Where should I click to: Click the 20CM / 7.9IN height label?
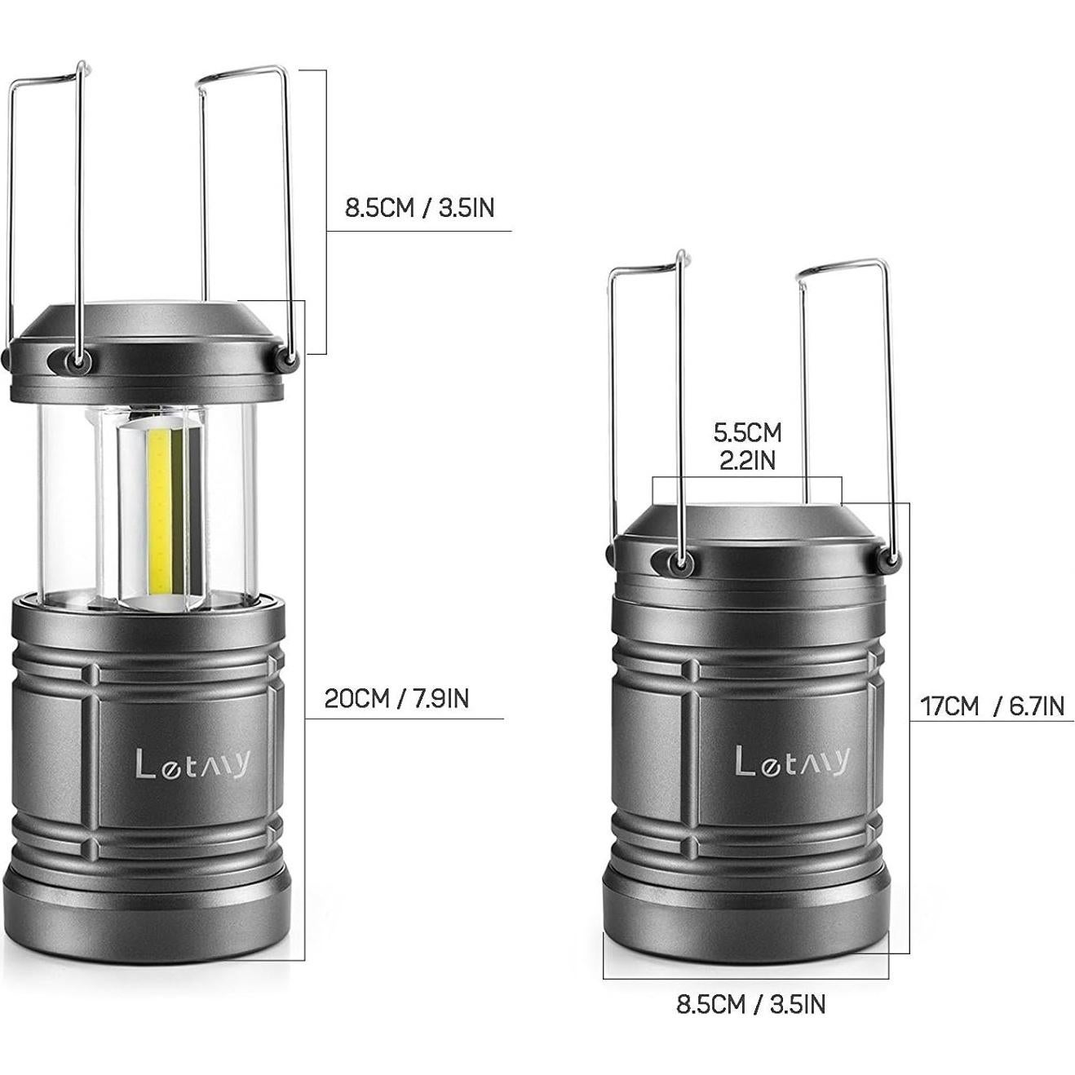tap(396, 699)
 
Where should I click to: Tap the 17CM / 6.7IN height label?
tap(992, 706)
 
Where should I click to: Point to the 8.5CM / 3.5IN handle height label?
tap(419, 208)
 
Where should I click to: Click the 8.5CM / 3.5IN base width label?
tap(750, 1004)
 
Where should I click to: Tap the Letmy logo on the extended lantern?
tap(192, 764)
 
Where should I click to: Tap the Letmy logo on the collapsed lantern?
tap(792, 761)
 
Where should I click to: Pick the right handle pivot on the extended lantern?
tap(287, 357)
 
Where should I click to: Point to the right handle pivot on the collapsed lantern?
tap(891, 560)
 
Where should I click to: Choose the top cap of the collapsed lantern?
tap(747, 522)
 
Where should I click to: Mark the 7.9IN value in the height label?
tap(437, 699)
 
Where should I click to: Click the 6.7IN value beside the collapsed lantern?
tap(1037, 706)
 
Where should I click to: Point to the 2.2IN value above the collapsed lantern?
tap(747, 460)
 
